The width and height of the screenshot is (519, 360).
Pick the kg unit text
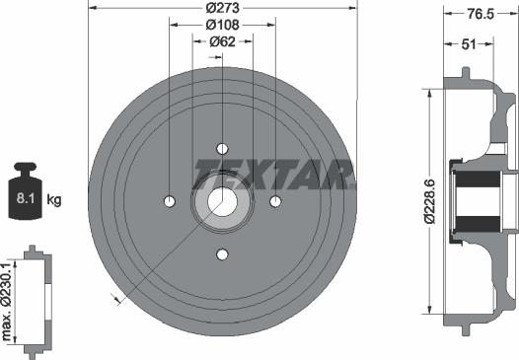54,200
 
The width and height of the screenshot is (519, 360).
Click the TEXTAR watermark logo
273,174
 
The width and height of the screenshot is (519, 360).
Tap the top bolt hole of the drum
220,149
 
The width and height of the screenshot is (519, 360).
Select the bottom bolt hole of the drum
220,254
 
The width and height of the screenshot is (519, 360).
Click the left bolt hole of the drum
168,202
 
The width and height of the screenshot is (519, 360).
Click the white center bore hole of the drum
220,202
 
